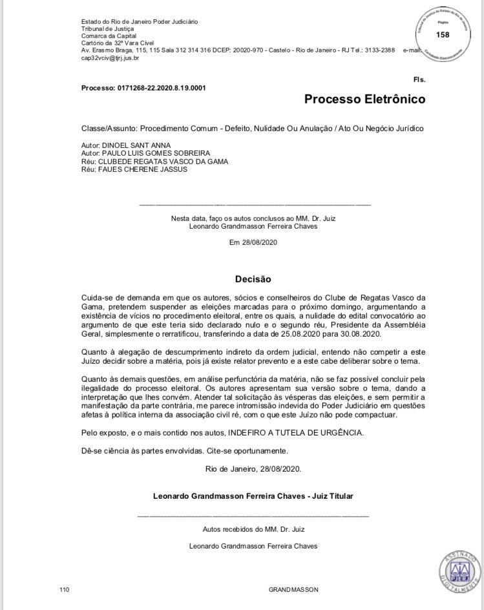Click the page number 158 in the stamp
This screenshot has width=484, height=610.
(x=443, y=35)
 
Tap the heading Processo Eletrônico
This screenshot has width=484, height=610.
(x=364, y=100)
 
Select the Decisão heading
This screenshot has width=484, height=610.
(x=253, y=279)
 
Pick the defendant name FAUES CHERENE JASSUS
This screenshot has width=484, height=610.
(x=138, y=170)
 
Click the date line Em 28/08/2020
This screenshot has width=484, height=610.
(x=253, y=243)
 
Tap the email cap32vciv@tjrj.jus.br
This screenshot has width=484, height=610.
(x=110, y=58)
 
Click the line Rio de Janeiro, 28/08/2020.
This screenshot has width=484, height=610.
(x=253, y=468)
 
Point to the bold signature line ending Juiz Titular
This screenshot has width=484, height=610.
(x=253, y=496)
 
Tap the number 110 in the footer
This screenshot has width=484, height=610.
(x=64, y=590)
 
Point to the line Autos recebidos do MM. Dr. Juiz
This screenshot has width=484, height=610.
(x=253, y=529)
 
